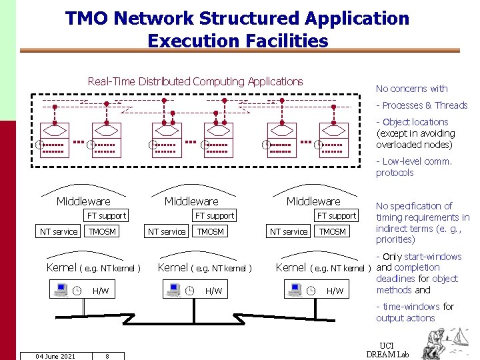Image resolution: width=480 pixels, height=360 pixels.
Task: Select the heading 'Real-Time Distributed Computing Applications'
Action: [195, 81]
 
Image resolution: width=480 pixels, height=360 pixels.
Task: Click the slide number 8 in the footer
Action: [107, 356]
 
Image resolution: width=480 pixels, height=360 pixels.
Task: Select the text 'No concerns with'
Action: [411, 89]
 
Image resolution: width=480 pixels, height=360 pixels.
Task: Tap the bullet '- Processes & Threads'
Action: [421, 105]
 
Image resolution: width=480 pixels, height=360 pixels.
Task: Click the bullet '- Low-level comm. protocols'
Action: [413, 167]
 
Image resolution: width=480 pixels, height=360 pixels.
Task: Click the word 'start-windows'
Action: [432, 257]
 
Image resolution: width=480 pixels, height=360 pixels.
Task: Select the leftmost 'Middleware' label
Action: [83, 201]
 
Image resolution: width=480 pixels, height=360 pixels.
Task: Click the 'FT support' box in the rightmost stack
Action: [337, 215]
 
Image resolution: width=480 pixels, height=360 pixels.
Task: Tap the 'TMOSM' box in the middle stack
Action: [211, 232]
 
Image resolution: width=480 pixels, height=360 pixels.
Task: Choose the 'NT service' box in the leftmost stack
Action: [59, 232]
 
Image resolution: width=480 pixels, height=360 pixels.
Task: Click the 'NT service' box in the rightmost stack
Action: [289, 232]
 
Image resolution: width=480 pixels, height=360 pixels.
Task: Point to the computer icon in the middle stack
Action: [173, 290]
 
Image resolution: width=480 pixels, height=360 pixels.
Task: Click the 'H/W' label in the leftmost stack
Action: [101, 291]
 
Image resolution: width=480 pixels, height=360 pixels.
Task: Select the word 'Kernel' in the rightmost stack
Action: [291, 267]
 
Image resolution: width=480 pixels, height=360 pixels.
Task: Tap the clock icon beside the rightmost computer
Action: [311, 290]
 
